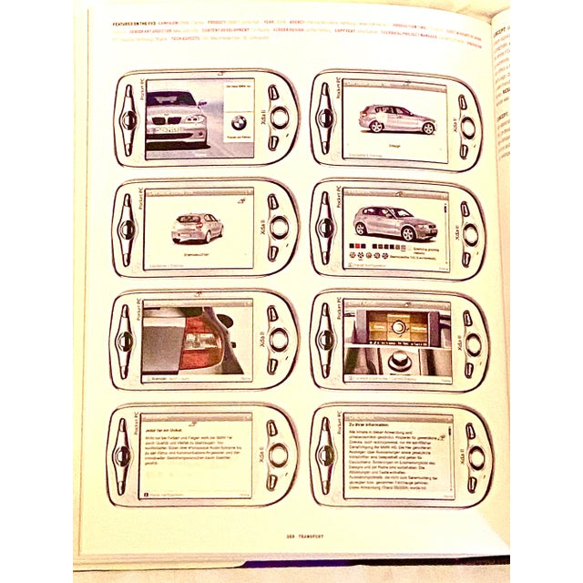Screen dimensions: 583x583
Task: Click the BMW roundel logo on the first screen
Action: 238,122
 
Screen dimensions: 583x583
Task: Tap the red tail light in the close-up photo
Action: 202,339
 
